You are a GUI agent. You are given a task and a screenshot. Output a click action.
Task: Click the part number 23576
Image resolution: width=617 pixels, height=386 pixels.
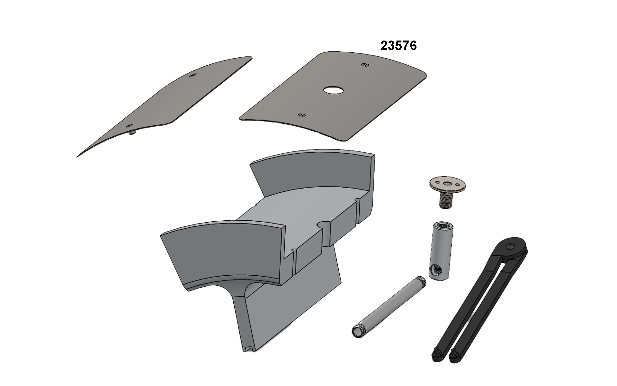click(x=398, y=46)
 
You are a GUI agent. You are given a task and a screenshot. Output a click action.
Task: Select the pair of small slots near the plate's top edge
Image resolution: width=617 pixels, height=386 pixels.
click(x=364, y=65)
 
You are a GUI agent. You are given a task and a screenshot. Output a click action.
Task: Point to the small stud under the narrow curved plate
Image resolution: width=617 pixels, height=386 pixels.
click(x=131, y=133)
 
